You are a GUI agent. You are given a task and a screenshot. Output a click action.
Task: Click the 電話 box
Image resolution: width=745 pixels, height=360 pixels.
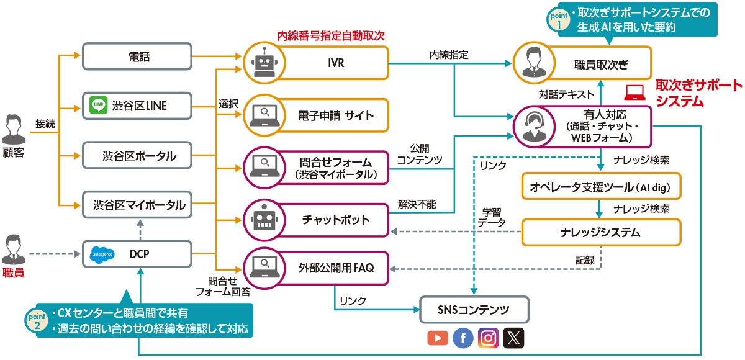(x=136, y=57)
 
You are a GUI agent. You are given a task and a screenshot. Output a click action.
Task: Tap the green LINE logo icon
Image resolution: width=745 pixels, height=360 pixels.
(x=99, y=106)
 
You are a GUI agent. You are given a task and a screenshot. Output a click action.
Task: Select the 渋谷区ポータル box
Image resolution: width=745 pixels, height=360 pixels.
(x=136, y=156)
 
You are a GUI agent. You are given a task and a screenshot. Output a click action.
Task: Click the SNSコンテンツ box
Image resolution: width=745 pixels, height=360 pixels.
(x=475, y=310)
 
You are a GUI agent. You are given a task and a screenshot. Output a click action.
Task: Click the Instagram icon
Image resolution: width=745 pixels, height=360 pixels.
(x=489, y=338)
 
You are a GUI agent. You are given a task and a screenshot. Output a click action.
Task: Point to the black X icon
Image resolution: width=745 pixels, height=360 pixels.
(x=514, y=338)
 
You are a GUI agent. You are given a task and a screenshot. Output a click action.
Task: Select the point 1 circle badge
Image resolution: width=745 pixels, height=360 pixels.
(x=557, y=19)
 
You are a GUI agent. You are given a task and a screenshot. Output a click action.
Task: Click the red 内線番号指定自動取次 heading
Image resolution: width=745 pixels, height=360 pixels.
(x=330, y=35)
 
